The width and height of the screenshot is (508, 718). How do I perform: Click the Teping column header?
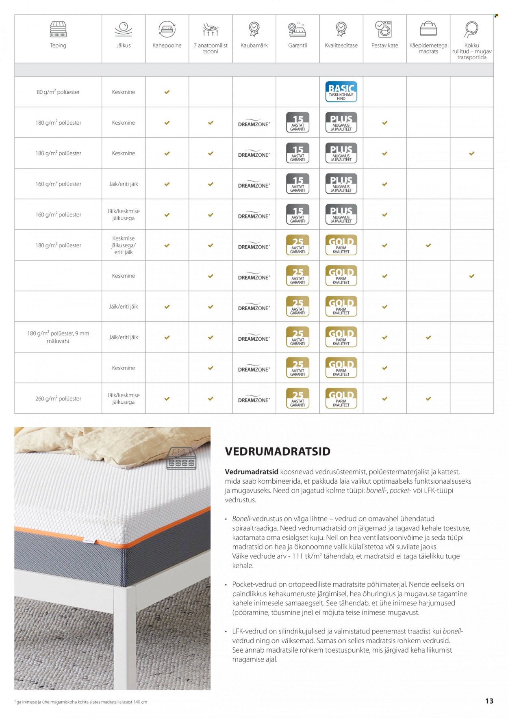(58, 45)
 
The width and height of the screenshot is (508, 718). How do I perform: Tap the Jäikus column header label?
(124, 45)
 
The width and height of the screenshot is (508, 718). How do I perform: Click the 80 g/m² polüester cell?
(58, 92)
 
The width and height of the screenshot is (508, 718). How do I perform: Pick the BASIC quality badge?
(341, 92)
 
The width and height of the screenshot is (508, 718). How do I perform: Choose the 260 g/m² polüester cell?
(58, 399)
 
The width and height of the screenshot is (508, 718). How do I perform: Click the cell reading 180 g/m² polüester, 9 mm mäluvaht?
(58, 337)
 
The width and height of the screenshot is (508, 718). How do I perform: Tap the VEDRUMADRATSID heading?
(278, 451)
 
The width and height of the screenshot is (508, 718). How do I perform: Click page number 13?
(489, 701)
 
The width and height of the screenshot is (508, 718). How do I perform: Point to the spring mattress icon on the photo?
(182, 458)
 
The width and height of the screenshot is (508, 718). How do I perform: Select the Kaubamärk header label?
(254, 45)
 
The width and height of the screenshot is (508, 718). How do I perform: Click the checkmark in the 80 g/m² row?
(167, 92)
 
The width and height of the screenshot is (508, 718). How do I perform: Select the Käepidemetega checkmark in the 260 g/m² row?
(428, 399)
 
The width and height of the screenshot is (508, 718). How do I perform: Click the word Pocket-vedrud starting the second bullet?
(248, 584)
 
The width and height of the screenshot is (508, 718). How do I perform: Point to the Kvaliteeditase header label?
(341, 45)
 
